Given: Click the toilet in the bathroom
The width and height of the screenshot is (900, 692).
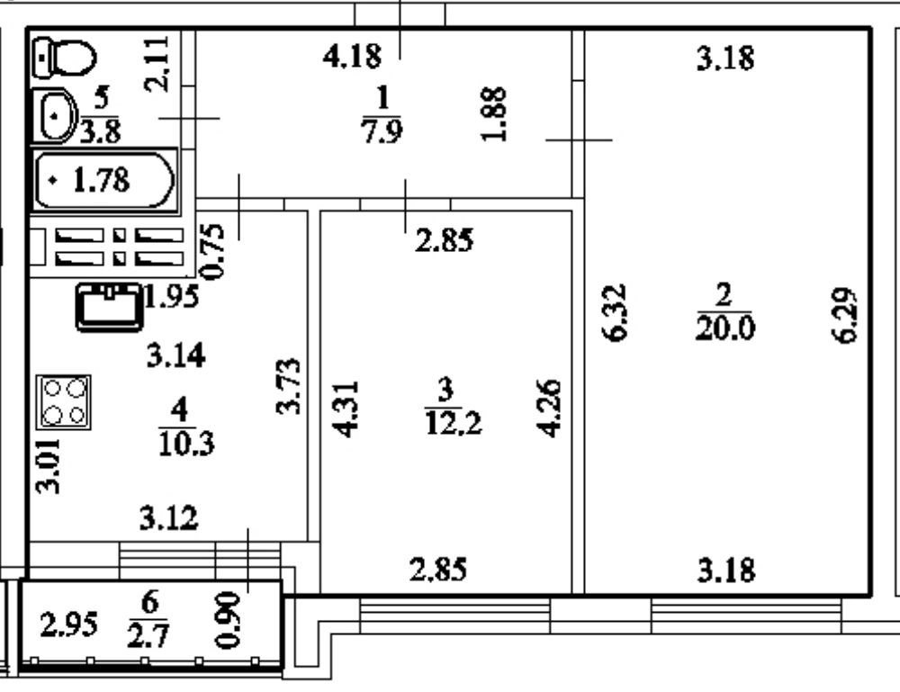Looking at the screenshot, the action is click(x=65, y=58).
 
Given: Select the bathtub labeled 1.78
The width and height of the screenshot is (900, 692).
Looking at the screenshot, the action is click(x=103, y=181).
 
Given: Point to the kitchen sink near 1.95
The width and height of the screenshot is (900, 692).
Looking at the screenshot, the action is click(x=111, y=306).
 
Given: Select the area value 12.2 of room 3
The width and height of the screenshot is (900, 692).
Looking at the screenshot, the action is click(x=453, y=423).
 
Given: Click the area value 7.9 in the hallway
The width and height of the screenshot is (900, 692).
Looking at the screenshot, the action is click(x=382, y=131).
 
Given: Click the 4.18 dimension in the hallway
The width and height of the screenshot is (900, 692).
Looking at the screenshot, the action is click(x=352, y=58).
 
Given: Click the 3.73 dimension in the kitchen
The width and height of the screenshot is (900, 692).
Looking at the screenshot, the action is click(x=288, y=386).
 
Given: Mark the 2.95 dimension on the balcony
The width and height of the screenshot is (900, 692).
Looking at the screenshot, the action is click(x=68, y=625).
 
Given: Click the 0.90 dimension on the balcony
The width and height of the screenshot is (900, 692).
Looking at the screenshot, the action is click(x=228, y=620).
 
